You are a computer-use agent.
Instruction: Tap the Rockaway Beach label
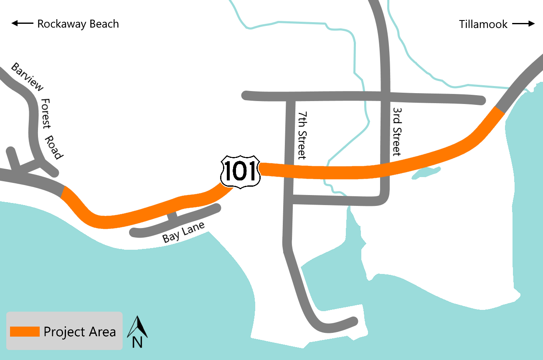coord(78,24)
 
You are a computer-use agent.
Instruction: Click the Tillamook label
coord(483,24)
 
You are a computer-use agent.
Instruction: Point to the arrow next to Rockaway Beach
coord(22,24)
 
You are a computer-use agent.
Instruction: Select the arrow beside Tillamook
coord(523,24)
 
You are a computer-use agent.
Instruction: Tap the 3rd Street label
coord(396,131)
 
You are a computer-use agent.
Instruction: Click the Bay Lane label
coord(183,232)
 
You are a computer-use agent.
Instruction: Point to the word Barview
coord(27,76)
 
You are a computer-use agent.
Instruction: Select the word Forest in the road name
coord(46,114)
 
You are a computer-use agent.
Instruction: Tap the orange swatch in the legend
coord(25,332)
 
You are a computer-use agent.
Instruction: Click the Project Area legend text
coord(80,332)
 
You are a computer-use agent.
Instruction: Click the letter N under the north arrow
coord(137,342)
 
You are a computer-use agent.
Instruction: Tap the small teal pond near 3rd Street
coord(425,172)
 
